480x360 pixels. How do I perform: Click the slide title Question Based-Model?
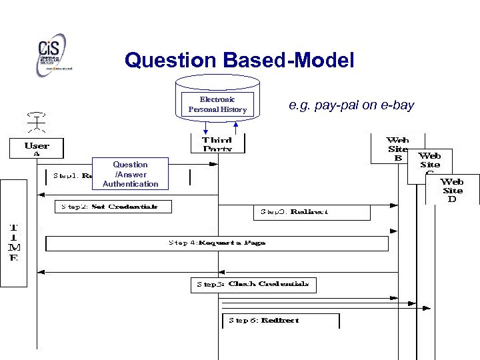coord(239,61)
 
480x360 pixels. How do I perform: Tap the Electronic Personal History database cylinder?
coord(217,100)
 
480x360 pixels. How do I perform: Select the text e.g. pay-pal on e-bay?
coord(351,105)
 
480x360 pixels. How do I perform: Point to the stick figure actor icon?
coord(36,123)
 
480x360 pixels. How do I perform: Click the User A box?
coord(37,148)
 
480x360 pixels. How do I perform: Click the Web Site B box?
coord(397,149)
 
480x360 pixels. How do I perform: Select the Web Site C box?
coord(430,164)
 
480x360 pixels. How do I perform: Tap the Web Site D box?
coord(452,190)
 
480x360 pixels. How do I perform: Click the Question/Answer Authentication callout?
coord(130,174)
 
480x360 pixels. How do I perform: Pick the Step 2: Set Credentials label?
coord(112,207)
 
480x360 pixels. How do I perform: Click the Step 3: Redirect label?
coord(311,212)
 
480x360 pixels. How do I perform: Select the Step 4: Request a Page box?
coord(217,243)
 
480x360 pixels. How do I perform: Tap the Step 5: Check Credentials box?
coord(253,285)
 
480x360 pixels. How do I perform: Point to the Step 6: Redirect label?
coord(280,321)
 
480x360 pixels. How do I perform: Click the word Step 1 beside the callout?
coord(65,176)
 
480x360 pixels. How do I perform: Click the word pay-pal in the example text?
coord(337,105)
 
